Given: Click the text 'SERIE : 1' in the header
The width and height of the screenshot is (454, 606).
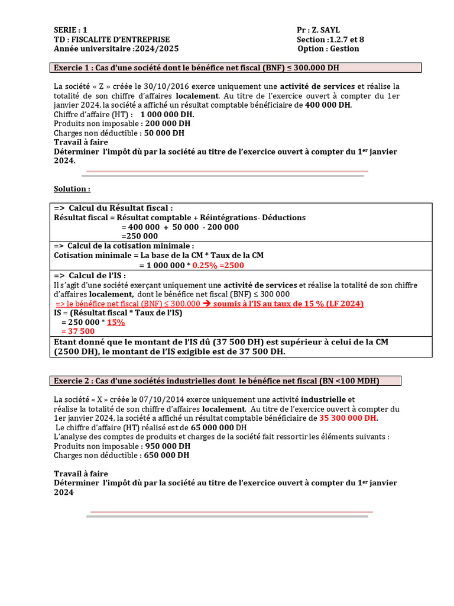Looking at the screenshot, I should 70,30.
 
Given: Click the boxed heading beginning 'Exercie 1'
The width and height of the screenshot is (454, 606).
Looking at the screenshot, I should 197,67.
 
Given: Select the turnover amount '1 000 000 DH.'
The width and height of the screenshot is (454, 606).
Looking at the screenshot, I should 167,114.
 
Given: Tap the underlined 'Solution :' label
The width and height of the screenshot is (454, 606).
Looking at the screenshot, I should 72,189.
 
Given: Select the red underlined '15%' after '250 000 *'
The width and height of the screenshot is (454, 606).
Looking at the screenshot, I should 116,323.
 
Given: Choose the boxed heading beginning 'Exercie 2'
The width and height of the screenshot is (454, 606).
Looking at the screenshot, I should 216,380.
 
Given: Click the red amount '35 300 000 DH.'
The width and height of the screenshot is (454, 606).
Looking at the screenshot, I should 348,418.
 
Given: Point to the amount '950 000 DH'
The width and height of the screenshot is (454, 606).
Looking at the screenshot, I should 168,446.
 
